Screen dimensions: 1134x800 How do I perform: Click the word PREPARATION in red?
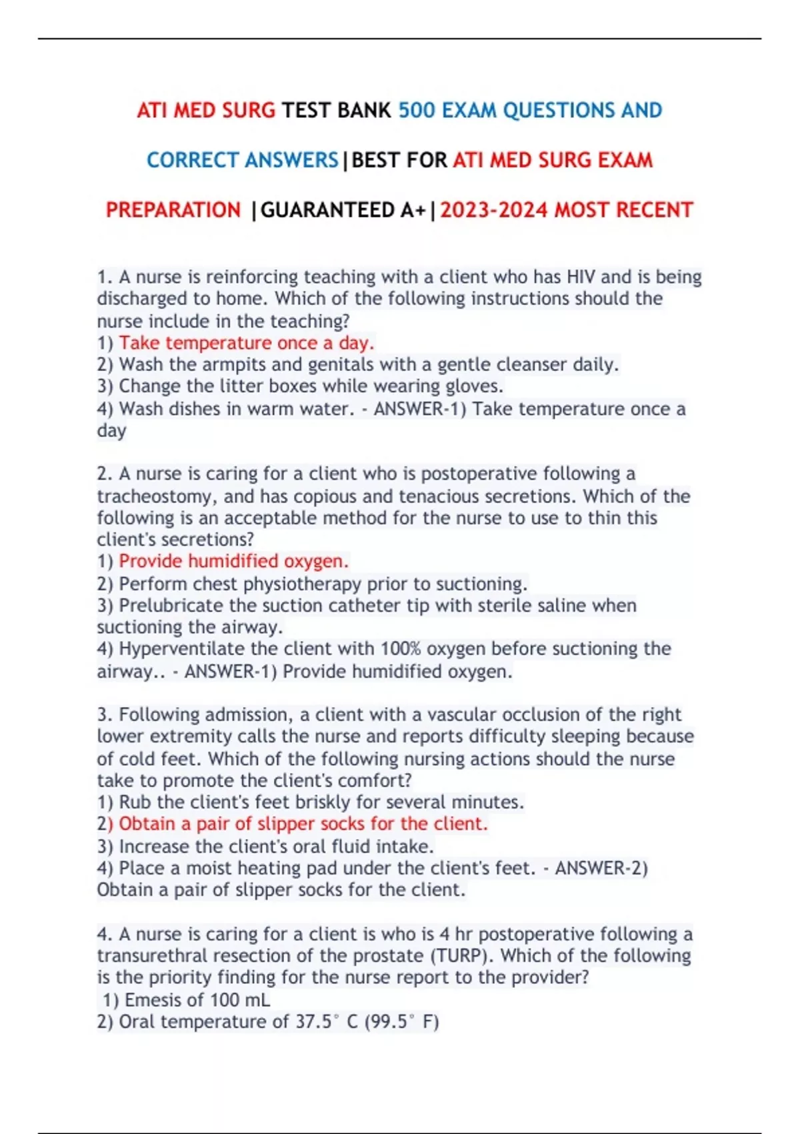pyautogui.click(x=173, y=210)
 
